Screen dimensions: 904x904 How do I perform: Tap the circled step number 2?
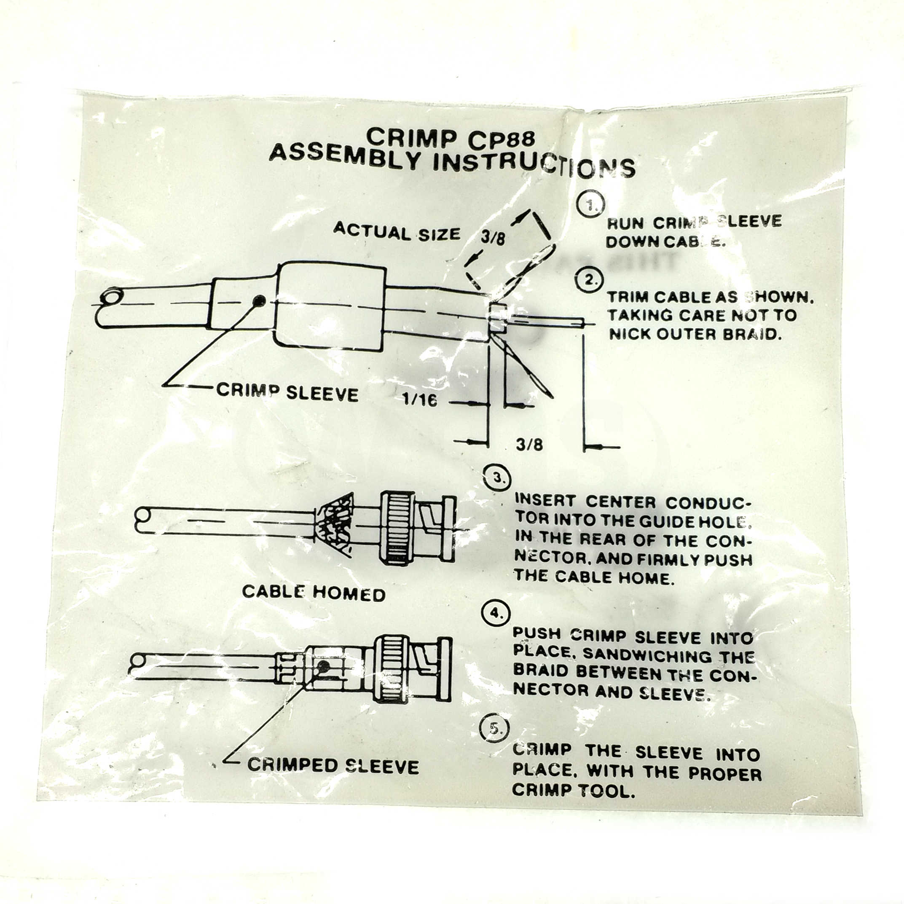coord(589,279)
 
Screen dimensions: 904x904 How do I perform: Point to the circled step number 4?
coord(496,612)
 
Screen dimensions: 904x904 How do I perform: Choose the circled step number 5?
coord(494,729)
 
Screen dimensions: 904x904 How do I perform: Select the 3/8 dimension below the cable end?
coord(529,444)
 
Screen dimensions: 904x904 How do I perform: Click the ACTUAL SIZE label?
coord(397,232)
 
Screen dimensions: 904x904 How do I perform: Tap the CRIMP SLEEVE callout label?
coord(287,392)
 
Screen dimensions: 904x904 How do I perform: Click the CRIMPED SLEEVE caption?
coord(333,765)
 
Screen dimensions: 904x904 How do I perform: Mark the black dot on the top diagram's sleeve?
coord(259,301)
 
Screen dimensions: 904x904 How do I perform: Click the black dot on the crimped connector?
coord(323,666)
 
